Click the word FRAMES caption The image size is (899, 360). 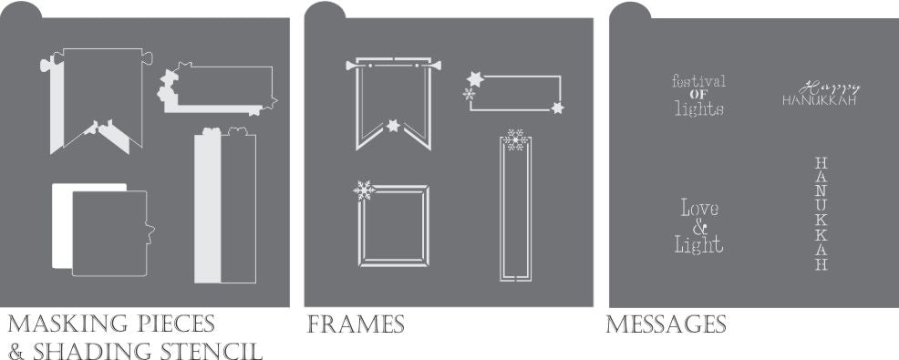[356, 324]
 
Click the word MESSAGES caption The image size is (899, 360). [666, 324]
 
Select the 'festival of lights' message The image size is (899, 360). [698, 95]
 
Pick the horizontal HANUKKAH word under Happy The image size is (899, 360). [820, 100]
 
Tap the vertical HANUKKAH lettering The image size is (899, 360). [821, 213]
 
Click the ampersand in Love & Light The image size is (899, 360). [699, 228]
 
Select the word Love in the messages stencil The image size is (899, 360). [699, 208]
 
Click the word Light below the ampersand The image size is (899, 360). [699, 245]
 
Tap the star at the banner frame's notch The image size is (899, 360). [393, 125]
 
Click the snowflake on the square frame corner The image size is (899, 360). [364, 190]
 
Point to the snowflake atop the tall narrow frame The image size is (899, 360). [515, 139]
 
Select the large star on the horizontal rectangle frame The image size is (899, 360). [475, 79]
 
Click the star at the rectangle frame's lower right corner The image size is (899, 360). [557, 108]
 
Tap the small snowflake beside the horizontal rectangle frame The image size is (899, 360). [469, 94]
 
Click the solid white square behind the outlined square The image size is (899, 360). [62, 226]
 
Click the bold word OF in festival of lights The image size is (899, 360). [698, 95]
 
